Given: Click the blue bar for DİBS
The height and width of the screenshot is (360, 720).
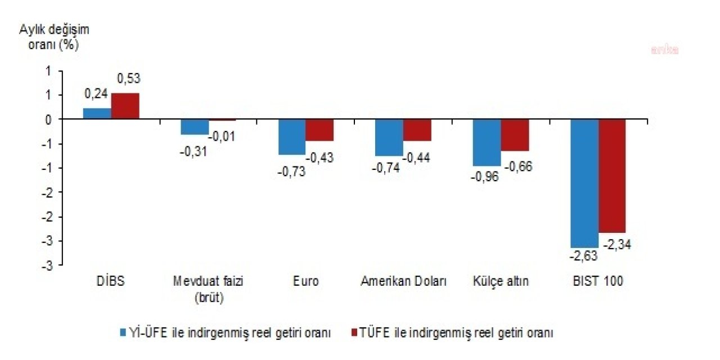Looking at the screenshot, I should coord(97,113).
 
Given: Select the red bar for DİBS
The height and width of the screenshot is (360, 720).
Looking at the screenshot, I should coord(125,106).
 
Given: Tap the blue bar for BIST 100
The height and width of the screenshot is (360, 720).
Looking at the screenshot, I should coord(584,183).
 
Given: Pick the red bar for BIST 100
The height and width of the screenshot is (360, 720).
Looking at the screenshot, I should coord(612,176).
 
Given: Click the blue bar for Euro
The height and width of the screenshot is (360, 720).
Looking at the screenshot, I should coord(292,137).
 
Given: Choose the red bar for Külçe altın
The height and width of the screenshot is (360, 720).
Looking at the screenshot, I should coord(515,135).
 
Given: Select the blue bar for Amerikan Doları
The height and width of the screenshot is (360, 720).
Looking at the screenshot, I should coord(390,137).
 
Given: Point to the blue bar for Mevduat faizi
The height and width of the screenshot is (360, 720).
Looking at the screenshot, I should coord(195,127).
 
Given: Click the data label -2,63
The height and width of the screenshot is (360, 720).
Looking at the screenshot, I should coord(583,256).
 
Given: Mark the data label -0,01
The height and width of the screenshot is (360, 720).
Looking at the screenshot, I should coord(222,136).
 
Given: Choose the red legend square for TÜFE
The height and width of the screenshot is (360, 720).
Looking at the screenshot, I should coord(354,332).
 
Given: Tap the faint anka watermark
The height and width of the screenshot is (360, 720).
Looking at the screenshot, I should coord(664,49).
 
